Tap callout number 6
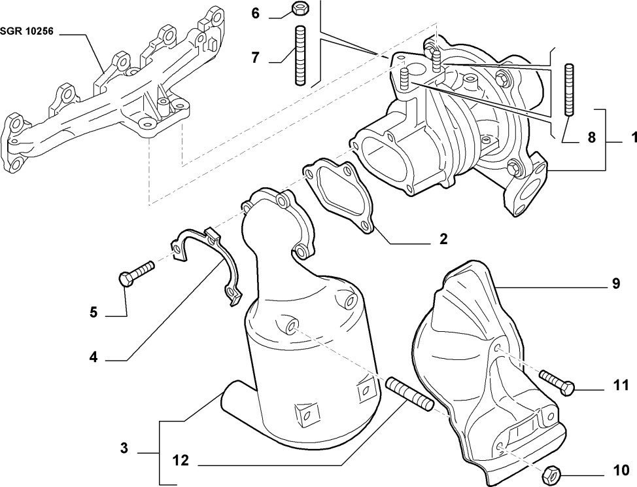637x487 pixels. (255, 12)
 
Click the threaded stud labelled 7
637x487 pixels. (301, 55)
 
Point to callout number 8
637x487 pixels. (591, 137)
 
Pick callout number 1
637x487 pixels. (634, 138)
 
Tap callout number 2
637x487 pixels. (443, 239)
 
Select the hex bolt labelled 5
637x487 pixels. (136, 274)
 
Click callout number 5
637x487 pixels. (94, 313)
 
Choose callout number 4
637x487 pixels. (94, 357)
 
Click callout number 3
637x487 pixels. (124, 449)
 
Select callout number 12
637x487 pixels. (181, 461)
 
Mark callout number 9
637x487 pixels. (615, 284)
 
